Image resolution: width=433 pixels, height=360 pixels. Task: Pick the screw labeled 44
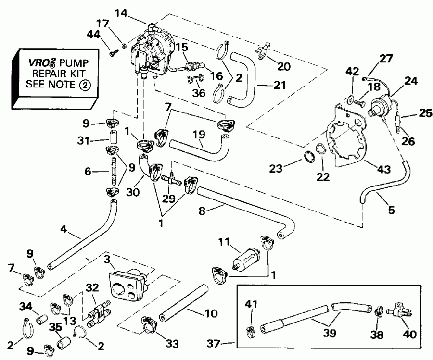click(x=113, y=54)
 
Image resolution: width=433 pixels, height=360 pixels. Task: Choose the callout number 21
click(x=279, y=85)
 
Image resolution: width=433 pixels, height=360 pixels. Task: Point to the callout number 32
click(x=92, y=288)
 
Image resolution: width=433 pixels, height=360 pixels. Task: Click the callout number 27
click(x=385, y=59)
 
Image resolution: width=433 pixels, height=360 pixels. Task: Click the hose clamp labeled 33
click(x=149, y=324)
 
